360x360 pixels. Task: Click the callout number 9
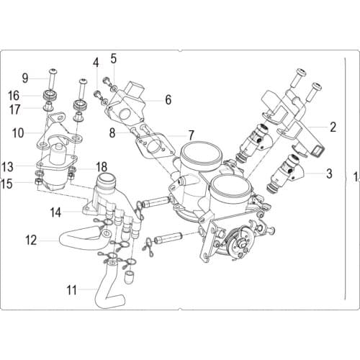(x=24, y=78)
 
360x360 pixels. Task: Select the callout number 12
(x=31, y=239)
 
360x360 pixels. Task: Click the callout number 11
(x=71, y=291)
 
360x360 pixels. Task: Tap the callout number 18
(x=102, y=166)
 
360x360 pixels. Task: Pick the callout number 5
(x=113, y=57)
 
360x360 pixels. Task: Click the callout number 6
(x=168, y=99)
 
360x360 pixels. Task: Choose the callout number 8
(x=112, y=132)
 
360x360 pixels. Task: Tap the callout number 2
(x=333, y=128)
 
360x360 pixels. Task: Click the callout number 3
(x=329, y=173)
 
